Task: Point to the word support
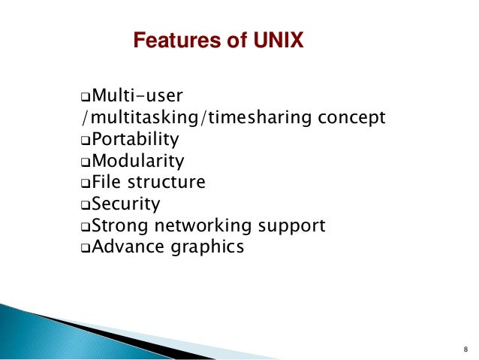pos(291,225)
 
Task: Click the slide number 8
pos(465,349)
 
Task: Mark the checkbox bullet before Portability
pos(85,141)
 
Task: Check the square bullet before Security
pos(85,204)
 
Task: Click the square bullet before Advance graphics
pos(85,247)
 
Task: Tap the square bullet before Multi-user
pos(85,98)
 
